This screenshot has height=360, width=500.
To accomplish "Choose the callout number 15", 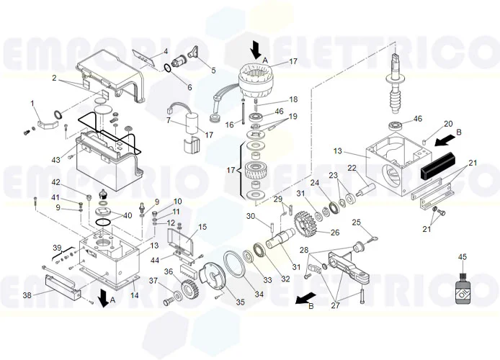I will (x=202, y=227).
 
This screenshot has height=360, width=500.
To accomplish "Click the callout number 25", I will (x=355, y=222).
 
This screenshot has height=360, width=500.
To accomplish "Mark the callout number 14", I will (x=135, y=295).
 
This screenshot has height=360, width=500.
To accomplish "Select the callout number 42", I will (x=76, y=183).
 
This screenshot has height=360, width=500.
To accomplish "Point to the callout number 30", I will (x=250, y=216).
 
